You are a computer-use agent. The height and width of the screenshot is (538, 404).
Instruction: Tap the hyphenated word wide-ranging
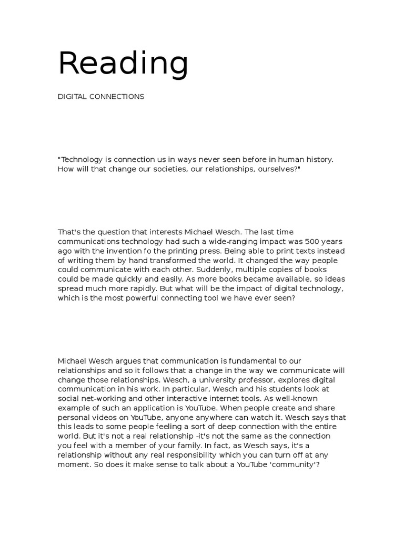coord(238,242)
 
